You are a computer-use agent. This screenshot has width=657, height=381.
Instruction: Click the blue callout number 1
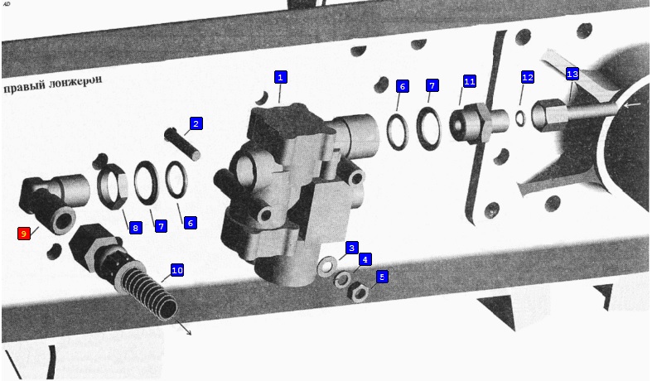coord(280,77)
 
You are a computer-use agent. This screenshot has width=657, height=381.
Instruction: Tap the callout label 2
coord(196,124)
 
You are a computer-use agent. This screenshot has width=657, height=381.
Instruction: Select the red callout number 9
coord(24,234)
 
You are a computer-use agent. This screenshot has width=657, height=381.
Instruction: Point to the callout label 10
coord(177,271)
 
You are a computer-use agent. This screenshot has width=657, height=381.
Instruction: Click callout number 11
coord(469,81)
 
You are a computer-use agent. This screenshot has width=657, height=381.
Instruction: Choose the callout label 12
coord(528,78)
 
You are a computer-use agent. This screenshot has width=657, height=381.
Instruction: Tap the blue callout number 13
coord(572,75)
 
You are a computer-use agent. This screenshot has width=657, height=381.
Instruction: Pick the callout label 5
coord(382,277)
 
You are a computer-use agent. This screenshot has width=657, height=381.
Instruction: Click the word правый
coord(24,88)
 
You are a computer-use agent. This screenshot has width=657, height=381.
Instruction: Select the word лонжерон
coord(75,82)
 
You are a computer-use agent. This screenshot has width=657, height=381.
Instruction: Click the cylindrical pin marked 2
coord(183,142)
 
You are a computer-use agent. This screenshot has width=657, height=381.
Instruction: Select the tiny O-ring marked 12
coord(519,118)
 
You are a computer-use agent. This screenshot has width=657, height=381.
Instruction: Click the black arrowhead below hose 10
coord(189,333)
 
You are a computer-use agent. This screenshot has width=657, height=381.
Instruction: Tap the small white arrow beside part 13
coord(632,104)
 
